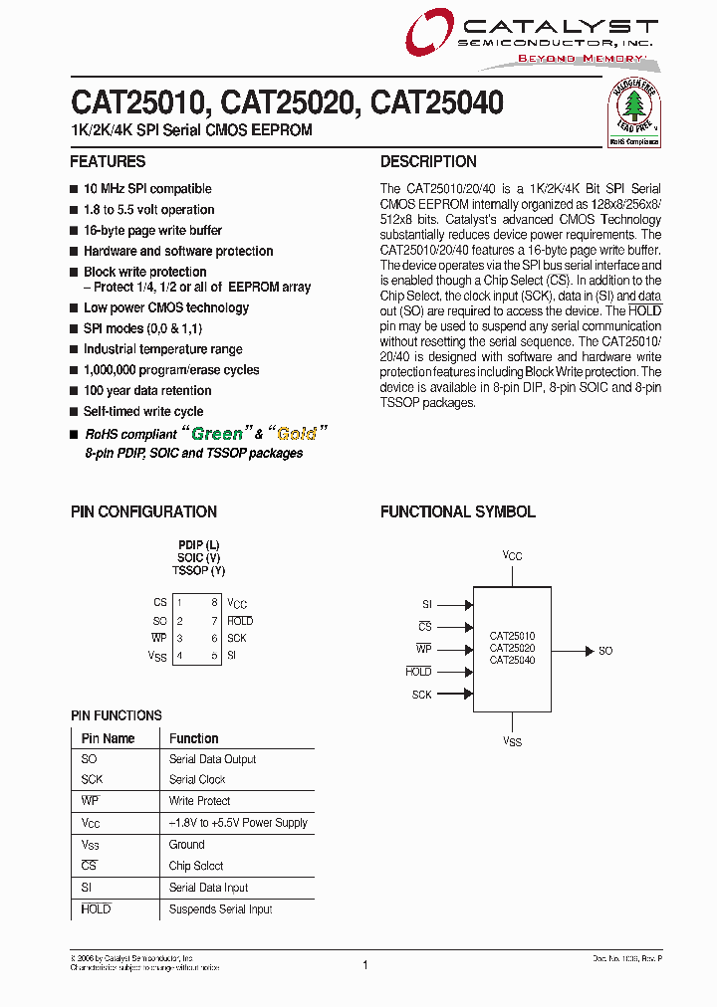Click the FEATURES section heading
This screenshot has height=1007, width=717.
[x=108, y=162]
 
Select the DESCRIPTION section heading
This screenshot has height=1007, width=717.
[x=428, y=162]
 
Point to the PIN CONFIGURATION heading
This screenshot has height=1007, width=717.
[x=143, y=512]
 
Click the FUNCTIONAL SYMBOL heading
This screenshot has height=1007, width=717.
[x=458, y=512]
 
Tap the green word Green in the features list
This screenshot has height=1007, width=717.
[x=217, y=434]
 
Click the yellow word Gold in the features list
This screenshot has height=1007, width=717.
[x=296, y=434]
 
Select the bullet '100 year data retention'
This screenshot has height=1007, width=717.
[x=147, y=391]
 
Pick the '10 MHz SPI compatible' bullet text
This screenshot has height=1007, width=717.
[x=147, y=189]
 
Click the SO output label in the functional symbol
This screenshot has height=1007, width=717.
[x=605, y=651]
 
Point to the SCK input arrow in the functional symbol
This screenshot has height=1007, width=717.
[x=454, y=695]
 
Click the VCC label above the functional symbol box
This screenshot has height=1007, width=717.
[x=512, y=556]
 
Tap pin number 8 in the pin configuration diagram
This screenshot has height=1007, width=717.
[x=214, y=602]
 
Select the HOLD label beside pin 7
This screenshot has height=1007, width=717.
[x=240, y=621]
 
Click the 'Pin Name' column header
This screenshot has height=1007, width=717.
[x=108, y=738]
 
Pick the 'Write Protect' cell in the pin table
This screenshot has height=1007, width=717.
[x=199, y=801]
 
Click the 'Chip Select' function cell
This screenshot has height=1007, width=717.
[x=196, y=866]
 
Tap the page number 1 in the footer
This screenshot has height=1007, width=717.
[x=365, y=965]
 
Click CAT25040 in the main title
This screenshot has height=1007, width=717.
[x=436, y=102]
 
